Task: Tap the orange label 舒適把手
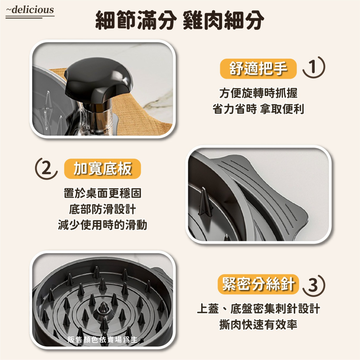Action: click(258, 68)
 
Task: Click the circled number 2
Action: click(46, 168)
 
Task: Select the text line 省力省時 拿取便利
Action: click(258, 109)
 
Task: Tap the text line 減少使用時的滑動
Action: click(102, 225)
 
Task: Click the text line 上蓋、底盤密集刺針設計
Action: click(258, 309)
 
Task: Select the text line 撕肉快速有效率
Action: click(258, 325)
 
